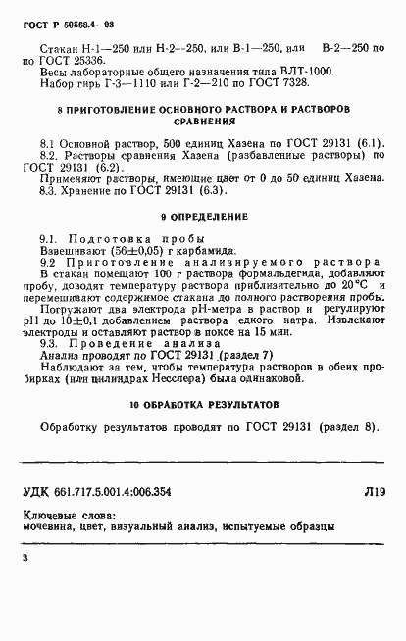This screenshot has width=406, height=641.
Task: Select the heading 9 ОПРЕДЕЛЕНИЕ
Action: click(202, 216)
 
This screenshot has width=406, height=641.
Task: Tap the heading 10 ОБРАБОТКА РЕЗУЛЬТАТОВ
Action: click(202, 404)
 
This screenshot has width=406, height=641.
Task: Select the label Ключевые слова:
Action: click(69, 515)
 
